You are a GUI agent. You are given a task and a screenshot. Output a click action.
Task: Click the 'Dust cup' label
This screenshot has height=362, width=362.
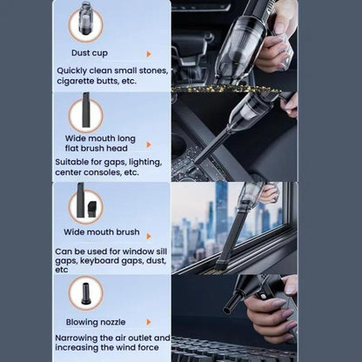[x=90, y=53]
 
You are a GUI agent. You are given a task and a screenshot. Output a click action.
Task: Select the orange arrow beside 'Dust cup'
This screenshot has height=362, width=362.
[x=149, y=54]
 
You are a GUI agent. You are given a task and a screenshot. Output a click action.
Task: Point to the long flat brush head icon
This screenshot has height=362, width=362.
[x=86, y=110]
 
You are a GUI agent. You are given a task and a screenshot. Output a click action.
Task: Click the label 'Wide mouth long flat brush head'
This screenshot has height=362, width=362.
[x=100, y=144]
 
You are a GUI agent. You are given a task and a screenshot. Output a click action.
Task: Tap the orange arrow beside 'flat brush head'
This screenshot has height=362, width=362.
[x=149, y=144]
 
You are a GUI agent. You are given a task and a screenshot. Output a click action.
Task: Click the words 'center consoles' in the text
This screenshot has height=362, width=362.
[x=88, y=172]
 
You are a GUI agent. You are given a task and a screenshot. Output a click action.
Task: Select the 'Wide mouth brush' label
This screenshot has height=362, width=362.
[x=102, y=232]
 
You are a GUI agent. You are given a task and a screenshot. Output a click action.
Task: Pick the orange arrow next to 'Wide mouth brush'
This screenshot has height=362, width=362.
[x=149, y=237]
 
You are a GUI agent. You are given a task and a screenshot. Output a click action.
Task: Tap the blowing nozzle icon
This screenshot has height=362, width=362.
[x=86, y=293]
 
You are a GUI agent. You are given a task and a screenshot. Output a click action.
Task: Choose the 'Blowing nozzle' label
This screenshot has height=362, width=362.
[x=96, y=322]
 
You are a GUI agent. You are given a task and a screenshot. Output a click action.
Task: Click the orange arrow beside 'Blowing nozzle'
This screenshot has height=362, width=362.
[x=149, y=322]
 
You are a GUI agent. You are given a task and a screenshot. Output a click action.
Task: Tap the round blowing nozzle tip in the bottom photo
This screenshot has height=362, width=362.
[x=228, y=307]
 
